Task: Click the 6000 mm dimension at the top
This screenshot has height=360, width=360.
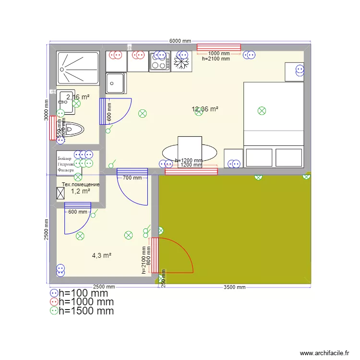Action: [x=180, y=41]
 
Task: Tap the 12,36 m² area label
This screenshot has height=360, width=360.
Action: [x=205, y=109]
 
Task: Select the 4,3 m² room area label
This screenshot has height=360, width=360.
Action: [x=102, y=256]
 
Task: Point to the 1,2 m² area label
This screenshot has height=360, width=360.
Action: [x=81, y=191]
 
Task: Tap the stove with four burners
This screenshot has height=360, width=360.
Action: [x=159, y=61]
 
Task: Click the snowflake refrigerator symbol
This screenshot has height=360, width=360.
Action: [x=182, y=62]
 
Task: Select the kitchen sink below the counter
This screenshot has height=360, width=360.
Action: [x=115, y=83]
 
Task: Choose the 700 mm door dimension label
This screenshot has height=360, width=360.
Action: [x=132, y=178]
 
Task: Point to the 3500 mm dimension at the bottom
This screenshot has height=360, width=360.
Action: [x=235, y=288]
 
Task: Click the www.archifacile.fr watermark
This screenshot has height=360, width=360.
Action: [x=324, y=353]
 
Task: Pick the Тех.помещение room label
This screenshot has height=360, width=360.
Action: [x=81, y=184]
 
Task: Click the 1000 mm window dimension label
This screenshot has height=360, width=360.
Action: [x=218, y=53]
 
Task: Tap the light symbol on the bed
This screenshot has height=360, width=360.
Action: [x=262, y=111]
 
